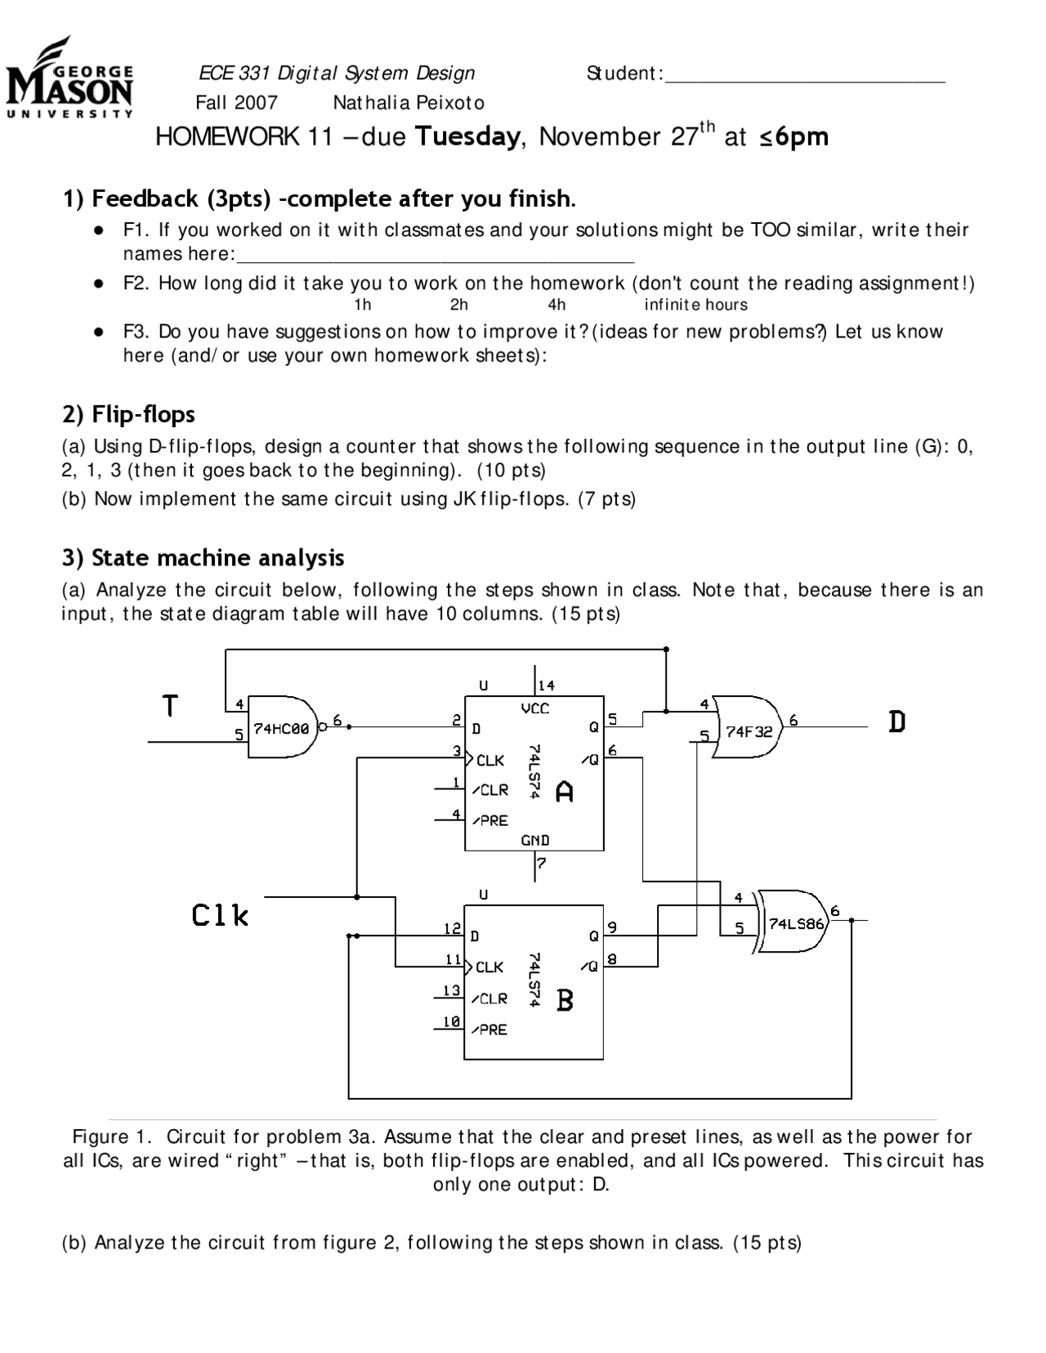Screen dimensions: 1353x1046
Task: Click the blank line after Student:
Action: pos(805,75)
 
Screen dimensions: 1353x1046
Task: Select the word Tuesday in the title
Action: pos(467,136)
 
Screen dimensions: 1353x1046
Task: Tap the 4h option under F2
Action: pos(557,306)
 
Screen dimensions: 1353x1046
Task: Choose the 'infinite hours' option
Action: pos(695,306)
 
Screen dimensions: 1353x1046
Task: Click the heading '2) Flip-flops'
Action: pos(128,414)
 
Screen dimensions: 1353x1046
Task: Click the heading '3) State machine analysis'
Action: pos(203,558)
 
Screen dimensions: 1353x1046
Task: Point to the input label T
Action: pos(170,705)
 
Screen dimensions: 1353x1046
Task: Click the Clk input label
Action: pos(220,915)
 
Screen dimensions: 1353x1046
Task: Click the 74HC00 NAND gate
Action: pos(282,729)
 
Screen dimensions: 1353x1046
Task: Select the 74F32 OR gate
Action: pos(749,729)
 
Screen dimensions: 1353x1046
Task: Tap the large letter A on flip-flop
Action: pos(564,792)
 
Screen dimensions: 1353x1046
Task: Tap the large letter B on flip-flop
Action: pos(565,1000)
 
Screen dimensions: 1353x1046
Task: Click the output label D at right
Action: pos(896,722)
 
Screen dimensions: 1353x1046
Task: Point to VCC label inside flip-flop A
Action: pos(535,709)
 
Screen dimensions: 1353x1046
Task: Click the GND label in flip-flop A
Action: pos(535,840)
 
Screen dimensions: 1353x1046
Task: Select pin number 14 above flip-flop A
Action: pos(546,685)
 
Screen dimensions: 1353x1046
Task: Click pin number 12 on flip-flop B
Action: pos(452,928)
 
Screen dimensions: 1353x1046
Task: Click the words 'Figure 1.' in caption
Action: pos(112,1136)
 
